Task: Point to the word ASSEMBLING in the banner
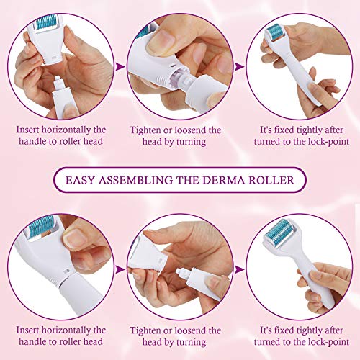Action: coord(135,180)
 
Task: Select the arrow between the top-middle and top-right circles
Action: coord(239,67)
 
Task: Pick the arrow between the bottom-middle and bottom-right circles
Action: coord(239,269)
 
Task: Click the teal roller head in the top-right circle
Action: coord(276,34)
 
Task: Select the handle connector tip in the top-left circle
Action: coord(59,83)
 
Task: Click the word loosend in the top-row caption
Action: coord(190,130)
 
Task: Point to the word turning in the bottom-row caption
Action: coord(191,342)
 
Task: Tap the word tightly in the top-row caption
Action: coord(310,130)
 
